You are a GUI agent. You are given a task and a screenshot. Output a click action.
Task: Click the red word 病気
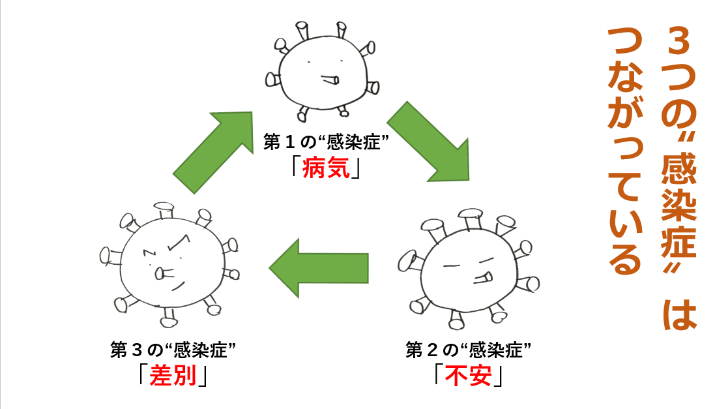327,169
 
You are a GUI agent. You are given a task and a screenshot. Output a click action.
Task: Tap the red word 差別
173,376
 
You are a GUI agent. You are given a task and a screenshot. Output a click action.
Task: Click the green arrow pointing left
319,267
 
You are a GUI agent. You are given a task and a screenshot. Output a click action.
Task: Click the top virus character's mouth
330,80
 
